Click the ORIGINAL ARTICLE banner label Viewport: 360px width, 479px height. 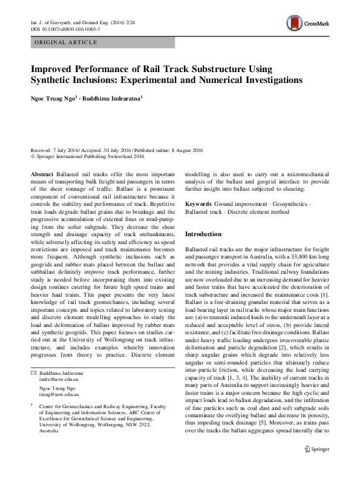pos(66,42)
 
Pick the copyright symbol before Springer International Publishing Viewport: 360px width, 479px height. pos(33,156)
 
